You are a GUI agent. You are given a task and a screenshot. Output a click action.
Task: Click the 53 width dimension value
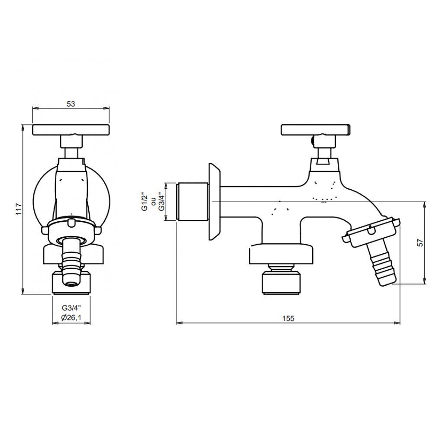pyautogui.click(x=71, y=104)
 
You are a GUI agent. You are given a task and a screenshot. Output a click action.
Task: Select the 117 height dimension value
pyautogui.click(x=19, y=209)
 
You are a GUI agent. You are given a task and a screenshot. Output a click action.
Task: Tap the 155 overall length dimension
pyautogui.click(x=288, y=318)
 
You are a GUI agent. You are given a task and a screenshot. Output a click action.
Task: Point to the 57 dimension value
pyautogui.click(x=420, y=242)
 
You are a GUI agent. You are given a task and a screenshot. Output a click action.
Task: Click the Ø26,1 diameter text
pyautogui.click(x=71, y=318)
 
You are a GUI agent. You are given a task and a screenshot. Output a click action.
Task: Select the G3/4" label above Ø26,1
pyautogui.click(x=71, y=307)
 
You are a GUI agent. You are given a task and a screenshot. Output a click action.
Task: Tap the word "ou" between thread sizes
pyautogui.click(x=153, y=202)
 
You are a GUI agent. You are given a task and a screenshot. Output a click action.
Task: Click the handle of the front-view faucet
pyautogui.click(x=71, y=130)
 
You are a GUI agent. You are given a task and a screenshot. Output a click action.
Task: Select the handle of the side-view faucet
pyautogui.click(x=315, y=130)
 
